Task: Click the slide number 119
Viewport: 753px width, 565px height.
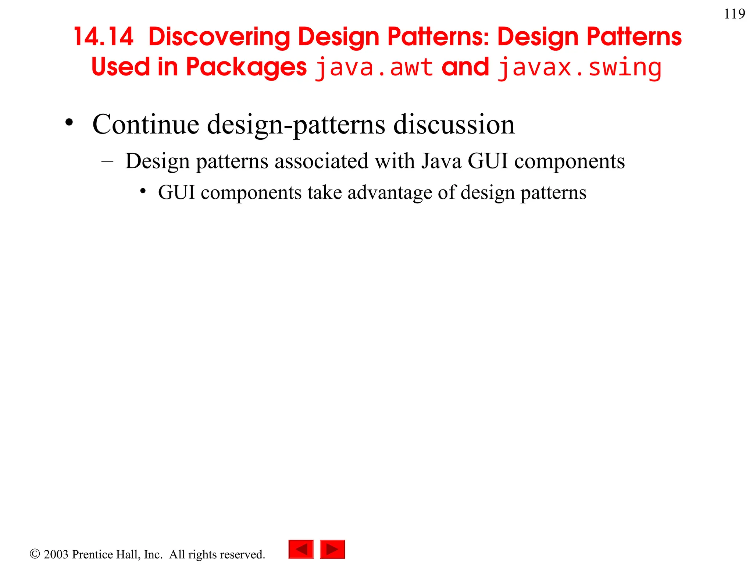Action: pos(734,14)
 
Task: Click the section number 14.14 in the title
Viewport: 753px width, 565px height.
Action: pos(103,37)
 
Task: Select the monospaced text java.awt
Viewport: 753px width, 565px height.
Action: pos(374,68)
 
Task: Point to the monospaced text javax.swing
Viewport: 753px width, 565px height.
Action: pos(579,68)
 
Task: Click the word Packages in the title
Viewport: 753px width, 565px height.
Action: pos(246,68)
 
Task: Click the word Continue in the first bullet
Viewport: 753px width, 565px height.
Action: pos(146,124)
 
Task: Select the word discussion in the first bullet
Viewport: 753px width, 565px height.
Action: pos(454,124)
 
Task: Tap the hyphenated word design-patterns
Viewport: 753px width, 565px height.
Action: pos(296,125)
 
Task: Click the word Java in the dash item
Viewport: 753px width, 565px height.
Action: pos(441,161)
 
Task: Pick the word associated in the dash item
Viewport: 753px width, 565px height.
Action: pos(321,161)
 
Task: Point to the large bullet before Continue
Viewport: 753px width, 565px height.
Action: pos(69,123)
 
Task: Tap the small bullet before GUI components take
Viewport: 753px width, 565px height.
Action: pos(143,191)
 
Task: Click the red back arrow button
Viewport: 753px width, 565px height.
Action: pos(301,549)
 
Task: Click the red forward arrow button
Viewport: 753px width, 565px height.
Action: pos(332,549)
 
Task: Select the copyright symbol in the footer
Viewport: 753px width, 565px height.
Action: pos(35,554)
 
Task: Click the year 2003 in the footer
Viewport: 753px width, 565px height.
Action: pos(56,554)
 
